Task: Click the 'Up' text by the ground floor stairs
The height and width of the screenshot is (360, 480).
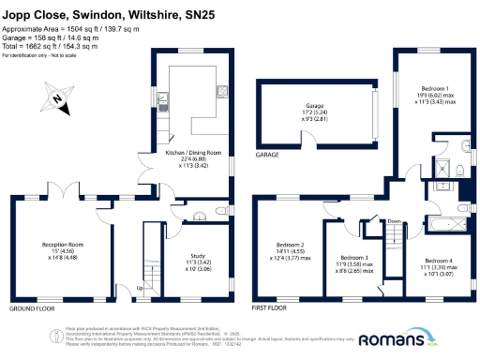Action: coord(140,288)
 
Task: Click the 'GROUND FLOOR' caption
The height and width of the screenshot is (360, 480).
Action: coord(32,308)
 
